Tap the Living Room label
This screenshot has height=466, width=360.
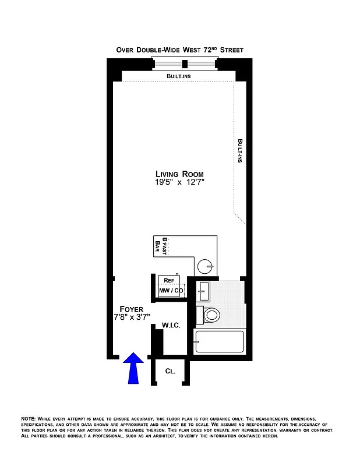click(179, 174)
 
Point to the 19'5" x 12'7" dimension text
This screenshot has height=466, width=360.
click(179, 183)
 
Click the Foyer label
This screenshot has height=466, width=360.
click(132, 309)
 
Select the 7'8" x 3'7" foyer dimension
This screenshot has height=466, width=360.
click(132, 317)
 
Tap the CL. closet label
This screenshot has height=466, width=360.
click(170, 370)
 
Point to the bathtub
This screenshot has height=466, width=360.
click(220, 343)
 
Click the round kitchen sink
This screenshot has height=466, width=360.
click(204, 267)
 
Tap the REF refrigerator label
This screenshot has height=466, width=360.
click(170, 280)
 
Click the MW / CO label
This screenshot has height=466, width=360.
click(171, 290)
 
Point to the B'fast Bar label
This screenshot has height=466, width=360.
click(161, 247)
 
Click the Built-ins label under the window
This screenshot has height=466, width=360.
click(178, 76)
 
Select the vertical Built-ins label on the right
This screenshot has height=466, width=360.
click(239, 150)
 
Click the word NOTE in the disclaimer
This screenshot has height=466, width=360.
click(28, 419)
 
